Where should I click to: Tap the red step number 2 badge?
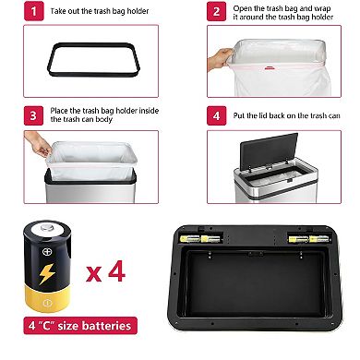215,13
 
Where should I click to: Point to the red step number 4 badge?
215,117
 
